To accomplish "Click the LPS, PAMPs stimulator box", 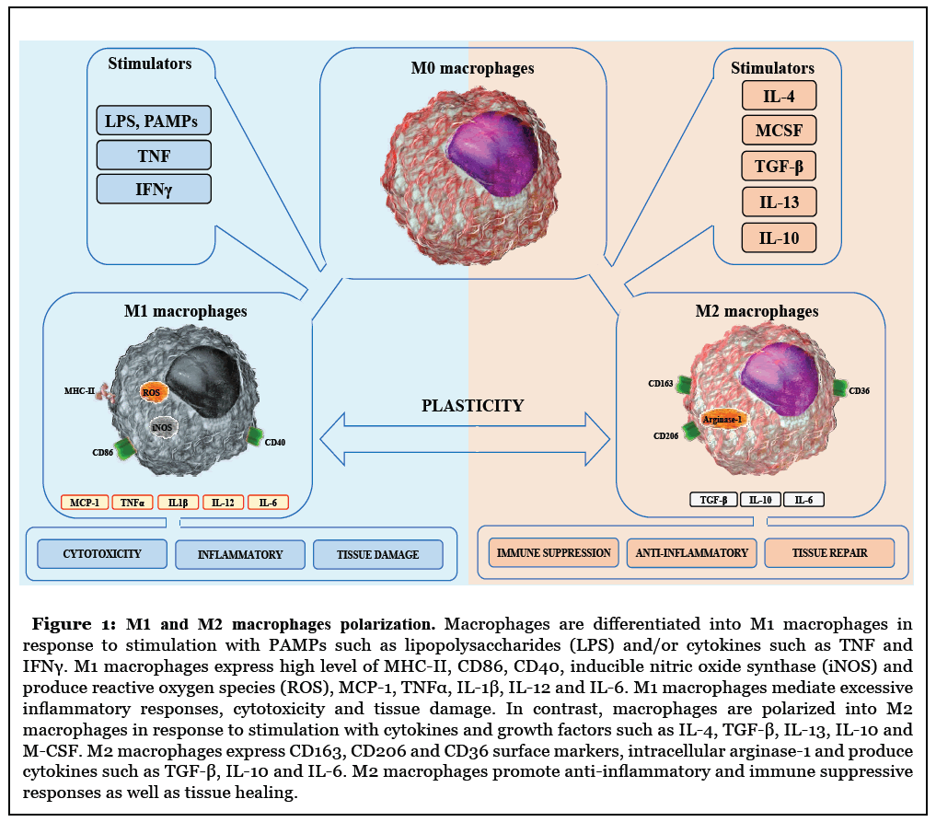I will click(154, 121).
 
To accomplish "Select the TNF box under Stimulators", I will click(154, 155).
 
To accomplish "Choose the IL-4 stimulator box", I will click(779, 96).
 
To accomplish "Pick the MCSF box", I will click(779, 131).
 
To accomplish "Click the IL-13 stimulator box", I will click(779, 203).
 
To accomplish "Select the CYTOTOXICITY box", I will click(102, 554).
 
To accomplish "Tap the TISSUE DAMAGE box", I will click(377, 554).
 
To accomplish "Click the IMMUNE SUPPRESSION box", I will click(554, 553).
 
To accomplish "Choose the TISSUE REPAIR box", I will click(828, 553).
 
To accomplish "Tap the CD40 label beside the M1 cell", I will click(275, 443).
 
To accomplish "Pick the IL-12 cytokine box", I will click(223, 503).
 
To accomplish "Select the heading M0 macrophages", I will click(472, 68).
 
